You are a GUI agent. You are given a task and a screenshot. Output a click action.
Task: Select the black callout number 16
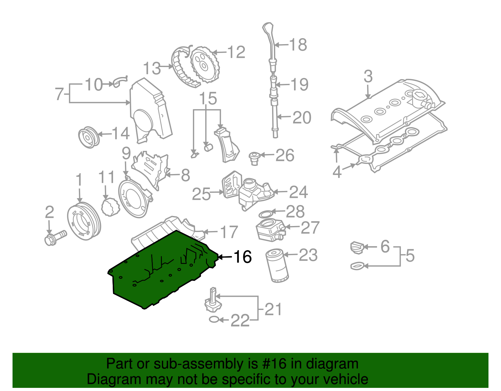click(243, 257)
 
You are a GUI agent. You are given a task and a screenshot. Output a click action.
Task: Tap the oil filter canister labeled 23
click(277, 265)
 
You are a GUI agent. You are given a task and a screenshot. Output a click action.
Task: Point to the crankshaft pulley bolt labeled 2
click(55, 238)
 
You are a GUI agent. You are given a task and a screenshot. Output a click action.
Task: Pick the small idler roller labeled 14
click(88, 137)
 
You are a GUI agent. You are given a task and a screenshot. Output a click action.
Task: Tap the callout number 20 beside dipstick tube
click(302, 118)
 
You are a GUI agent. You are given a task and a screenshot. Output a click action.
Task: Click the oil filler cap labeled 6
click(357, 247)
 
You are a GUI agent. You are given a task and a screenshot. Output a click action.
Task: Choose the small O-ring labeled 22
click(214, 320)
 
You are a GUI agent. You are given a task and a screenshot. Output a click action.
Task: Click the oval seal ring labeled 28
click(265, 214)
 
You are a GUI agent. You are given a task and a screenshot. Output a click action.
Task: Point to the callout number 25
click(201, 194)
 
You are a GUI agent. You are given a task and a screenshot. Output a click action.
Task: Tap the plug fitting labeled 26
click(254, 157)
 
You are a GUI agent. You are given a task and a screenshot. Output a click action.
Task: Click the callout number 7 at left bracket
click(59, 94)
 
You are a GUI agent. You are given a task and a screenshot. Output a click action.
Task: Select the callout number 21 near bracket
click(273, 309)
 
